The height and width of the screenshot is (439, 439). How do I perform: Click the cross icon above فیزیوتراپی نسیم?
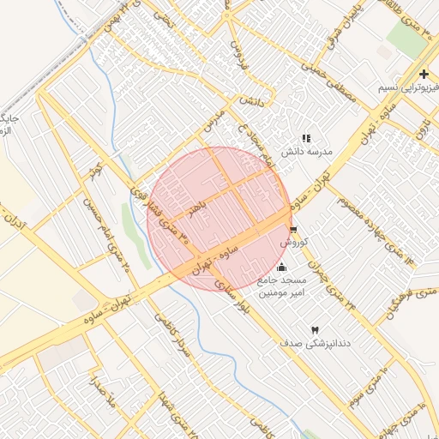click(424, 75)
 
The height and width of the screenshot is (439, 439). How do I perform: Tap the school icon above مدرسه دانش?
click(305, 138)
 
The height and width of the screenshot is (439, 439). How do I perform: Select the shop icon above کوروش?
click(293, 230)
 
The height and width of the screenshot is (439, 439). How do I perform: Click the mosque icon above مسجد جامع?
click(283, 268)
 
